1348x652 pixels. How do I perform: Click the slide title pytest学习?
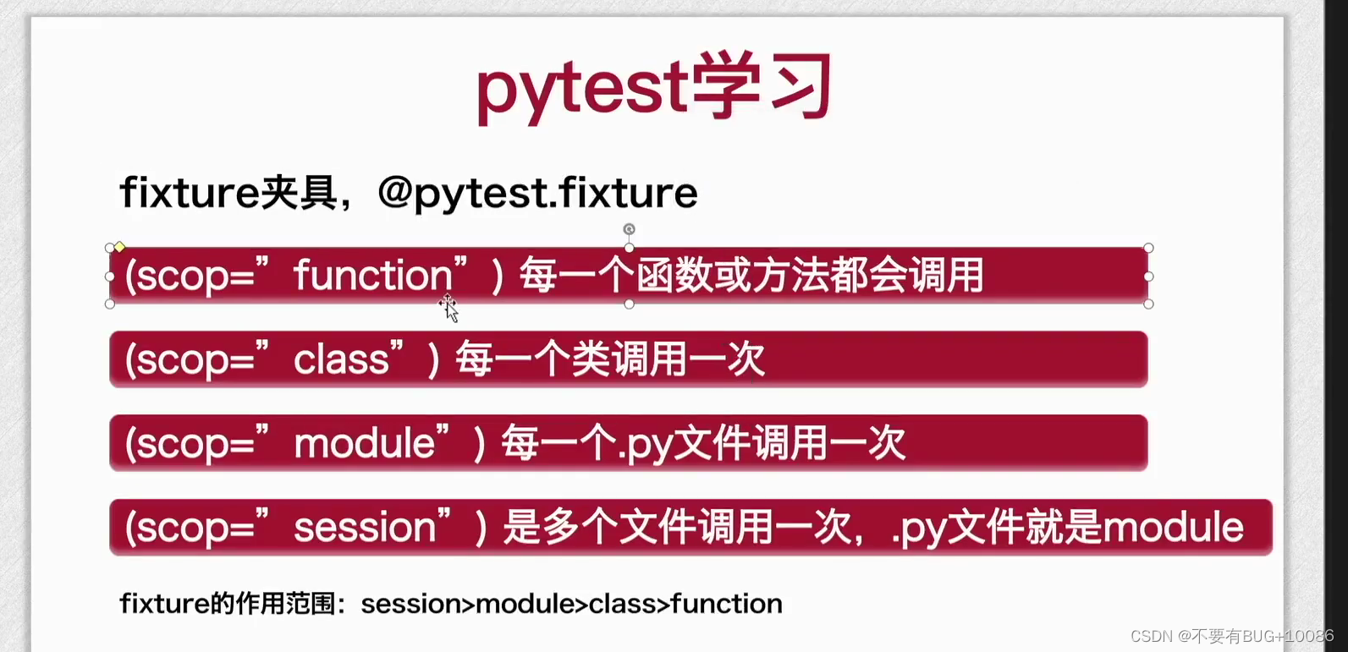654,88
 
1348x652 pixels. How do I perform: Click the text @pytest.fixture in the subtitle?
537,193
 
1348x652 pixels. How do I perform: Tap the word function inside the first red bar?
373,276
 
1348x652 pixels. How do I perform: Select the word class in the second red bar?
341,359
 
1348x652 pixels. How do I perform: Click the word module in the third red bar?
365,443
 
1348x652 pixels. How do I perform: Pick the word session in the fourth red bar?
365,528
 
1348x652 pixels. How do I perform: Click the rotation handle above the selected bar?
629,229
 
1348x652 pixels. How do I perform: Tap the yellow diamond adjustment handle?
120,247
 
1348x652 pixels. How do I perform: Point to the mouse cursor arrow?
449,309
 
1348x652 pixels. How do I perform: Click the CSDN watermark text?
1232,636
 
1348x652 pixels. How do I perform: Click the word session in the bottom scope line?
410,604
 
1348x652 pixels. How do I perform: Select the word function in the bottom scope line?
726,604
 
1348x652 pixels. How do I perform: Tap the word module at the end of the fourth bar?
1173,528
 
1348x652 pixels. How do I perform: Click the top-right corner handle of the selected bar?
1148,248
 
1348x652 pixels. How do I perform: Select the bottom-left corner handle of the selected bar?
109,304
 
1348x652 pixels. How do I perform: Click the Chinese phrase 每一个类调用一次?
610,359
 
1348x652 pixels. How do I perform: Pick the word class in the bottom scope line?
624,604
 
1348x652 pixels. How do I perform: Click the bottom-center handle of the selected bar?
629,304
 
